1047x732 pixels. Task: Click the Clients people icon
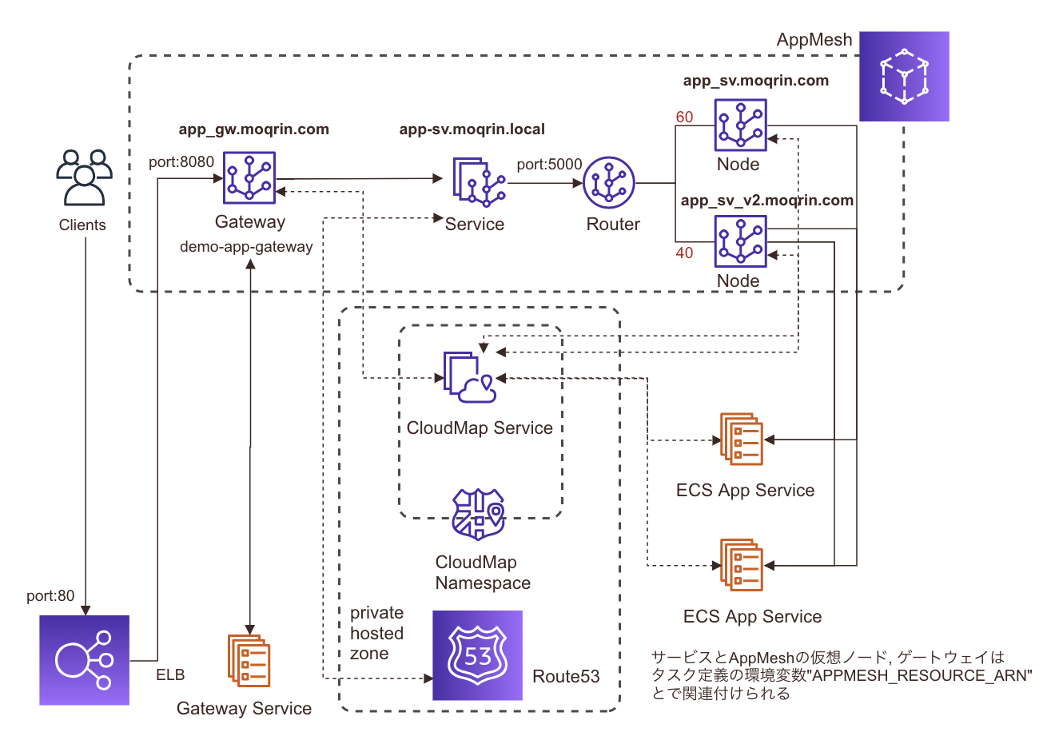point(83,176)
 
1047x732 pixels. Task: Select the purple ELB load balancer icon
point(84,659)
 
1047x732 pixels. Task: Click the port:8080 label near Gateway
point(181,161)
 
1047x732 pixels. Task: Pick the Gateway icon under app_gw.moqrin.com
point(250,177)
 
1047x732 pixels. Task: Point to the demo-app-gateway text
point(246,247)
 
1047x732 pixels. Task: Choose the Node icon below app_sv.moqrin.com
point(740,125)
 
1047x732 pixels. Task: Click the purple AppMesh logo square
point(904,77)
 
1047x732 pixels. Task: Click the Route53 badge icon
point(477,656)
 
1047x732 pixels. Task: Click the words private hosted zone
point(376,633)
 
